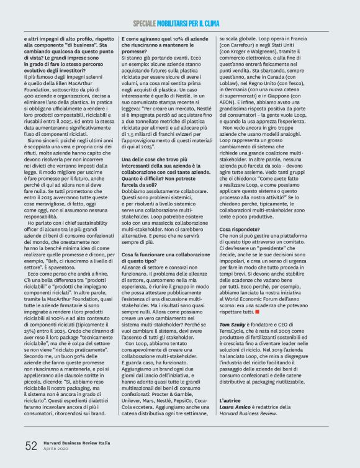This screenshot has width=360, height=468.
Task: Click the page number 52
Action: [x=31, y=446]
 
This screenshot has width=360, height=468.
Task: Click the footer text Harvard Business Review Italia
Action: [x=78, y=443]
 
